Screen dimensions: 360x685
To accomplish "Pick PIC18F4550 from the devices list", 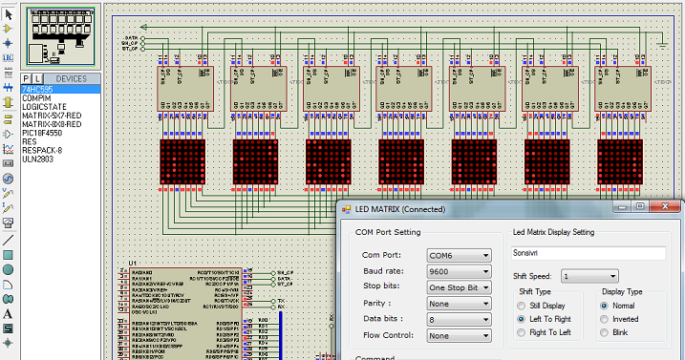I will click(42, 133).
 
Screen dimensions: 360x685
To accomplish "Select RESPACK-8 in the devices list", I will click(42, 150).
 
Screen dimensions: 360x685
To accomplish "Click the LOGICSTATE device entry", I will click(43, 106).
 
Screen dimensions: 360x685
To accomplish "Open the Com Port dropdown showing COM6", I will click(459, 256).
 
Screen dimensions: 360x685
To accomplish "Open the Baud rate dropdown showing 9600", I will click(459, 272).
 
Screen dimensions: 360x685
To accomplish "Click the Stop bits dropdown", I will click(459, 287).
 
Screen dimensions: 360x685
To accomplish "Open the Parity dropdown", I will click(459, 304).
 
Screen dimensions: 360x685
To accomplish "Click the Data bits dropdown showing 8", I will click(459, 320).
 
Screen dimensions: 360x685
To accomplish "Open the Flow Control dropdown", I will click(459, 336).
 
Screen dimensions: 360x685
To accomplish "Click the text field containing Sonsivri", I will click(587, 253).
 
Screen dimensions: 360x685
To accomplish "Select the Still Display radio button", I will click(522, 306).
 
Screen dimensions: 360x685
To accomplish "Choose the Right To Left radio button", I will click(522, 332).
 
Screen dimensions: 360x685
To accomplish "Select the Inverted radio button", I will click(605, 319).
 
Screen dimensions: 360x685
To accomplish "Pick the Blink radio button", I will click(605, 332).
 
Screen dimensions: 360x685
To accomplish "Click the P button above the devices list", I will click(26, 78).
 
